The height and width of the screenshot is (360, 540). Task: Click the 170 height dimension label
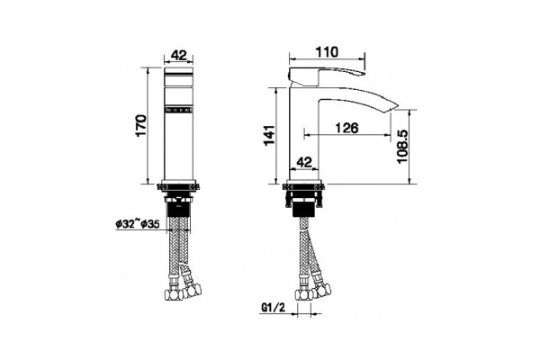141,126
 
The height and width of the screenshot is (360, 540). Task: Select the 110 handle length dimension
327,52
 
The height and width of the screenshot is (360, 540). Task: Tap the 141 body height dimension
270,135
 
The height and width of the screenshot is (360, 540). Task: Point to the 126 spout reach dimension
346,128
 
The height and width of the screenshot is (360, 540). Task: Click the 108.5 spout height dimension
402,147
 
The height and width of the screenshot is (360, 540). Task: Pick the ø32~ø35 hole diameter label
138,224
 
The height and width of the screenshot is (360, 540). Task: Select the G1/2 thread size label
274,308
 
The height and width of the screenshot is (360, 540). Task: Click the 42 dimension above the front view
179,55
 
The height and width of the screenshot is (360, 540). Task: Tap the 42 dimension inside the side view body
304,162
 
